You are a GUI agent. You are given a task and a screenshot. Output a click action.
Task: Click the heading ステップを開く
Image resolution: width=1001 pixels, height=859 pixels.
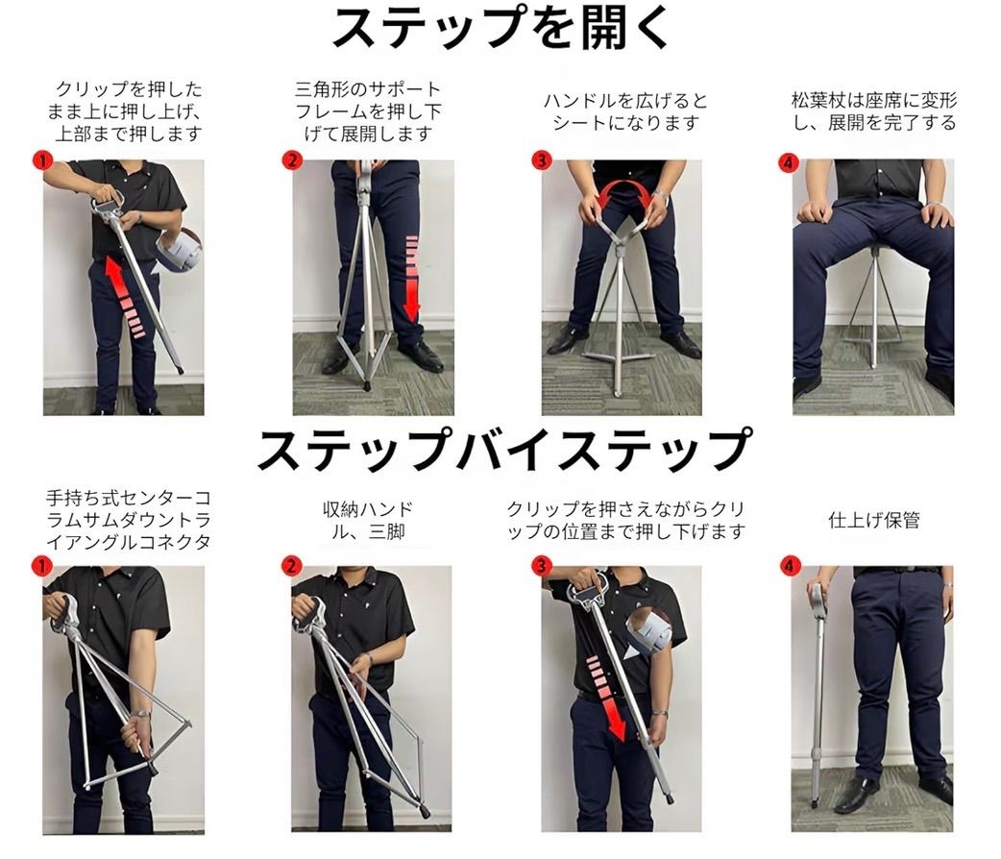(x=500, y=28)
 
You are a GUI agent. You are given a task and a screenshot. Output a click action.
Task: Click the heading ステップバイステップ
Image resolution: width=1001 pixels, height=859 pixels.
(x=504, y=451)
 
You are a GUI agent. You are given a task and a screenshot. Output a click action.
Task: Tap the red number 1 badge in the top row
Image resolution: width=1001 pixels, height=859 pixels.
(x=42, y=160)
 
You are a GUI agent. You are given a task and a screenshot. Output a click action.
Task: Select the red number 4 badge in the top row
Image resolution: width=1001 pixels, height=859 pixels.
(x=789, y=162)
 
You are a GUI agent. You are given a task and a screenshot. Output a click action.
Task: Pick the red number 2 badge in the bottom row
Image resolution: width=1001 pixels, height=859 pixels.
(x=292, y=566)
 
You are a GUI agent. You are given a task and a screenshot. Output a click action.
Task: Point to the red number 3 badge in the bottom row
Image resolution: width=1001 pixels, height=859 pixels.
(x=542, y=566)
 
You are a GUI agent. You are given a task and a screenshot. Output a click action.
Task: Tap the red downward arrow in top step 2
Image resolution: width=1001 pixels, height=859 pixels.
(x=412, y=278)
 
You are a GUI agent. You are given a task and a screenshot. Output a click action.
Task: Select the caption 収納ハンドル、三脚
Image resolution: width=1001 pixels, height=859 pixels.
(x=368, y=521)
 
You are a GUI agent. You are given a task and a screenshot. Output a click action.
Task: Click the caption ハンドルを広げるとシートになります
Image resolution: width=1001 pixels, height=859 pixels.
(x=625, y=111)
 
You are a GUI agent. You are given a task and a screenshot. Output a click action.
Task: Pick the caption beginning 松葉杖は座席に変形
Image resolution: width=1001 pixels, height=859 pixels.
(x=874, y=111)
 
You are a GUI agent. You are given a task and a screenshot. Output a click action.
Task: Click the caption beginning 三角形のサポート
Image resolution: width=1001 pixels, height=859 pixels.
(x=368, y=111)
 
